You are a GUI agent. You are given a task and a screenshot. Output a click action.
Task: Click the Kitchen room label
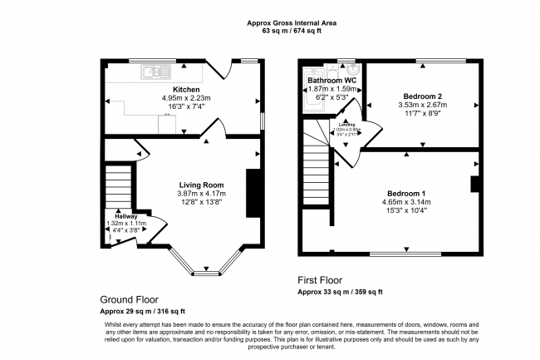pyautogui.click(x=185, y=89)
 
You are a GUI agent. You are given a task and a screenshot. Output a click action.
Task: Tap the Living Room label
pyautogui.click(x=202, y=185)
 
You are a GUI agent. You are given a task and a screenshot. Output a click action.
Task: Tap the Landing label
pyautogui.click(x=346, y=126)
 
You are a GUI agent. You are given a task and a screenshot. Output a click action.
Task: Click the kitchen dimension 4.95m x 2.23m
pyautogui.click(x=187, y=98)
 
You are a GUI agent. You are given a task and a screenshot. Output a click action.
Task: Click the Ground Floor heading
pyautogui.click(x=129, y=299)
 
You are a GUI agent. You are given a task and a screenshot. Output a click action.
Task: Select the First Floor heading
pyautogui.click(x=320, y=281)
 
